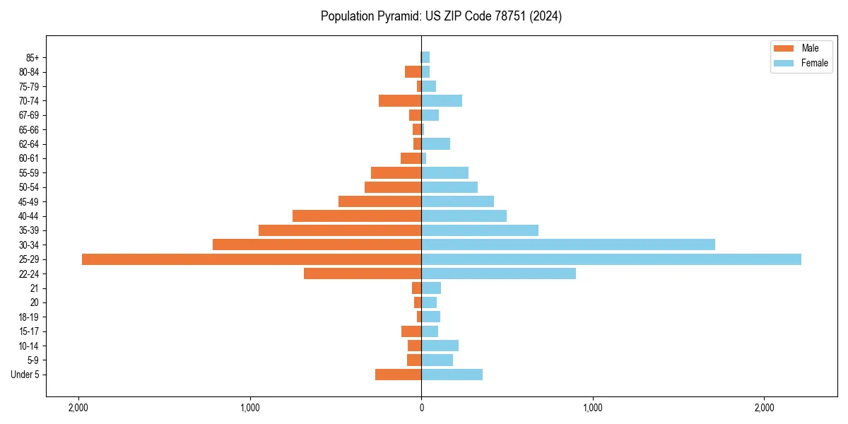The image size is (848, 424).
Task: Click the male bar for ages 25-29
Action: click(x=252, y=259)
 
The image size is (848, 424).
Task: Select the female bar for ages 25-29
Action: click(x=611, y=259)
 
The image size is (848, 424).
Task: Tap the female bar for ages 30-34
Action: click(x=568, y=245)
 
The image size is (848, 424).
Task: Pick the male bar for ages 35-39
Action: click(x=340, y=230)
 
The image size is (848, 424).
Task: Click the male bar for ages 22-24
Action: click(x=363, y=273)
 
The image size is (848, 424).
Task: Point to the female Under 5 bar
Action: click(x=452, y=375)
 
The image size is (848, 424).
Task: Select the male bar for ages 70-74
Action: click(x=400, y=101)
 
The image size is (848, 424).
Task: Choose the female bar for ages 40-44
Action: click(x=464, y=216)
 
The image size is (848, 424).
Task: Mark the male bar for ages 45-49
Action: click(x=380, y=201)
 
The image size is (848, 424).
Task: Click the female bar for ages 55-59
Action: click(x=445, y=172)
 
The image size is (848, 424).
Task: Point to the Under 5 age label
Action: click(x=25, y=375)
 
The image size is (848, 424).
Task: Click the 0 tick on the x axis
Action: click(x=421, y=408)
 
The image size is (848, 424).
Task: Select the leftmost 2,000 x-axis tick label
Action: click(x=78, y=408)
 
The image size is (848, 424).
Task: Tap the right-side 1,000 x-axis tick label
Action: click(x=593, y=408)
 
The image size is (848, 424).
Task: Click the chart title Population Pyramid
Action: click(x=441, y=16)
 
